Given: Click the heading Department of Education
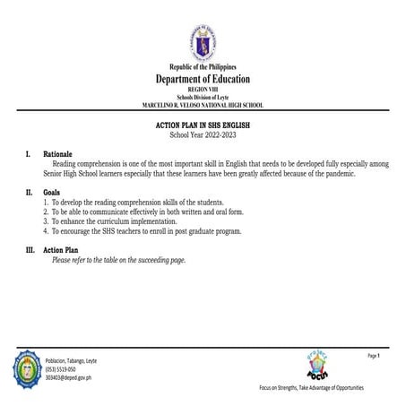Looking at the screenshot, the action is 203,80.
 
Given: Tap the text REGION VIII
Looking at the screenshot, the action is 203,91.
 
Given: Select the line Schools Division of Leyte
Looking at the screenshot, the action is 203,98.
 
